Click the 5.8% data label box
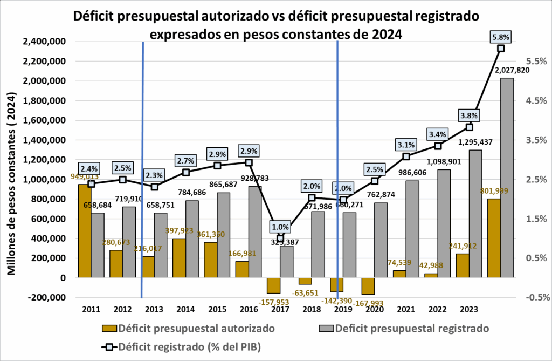tap(501, 37)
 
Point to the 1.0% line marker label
tap(280, 227)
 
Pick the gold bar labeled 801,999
tap(494, 238)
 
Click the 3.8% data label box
tap(469, 115)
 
